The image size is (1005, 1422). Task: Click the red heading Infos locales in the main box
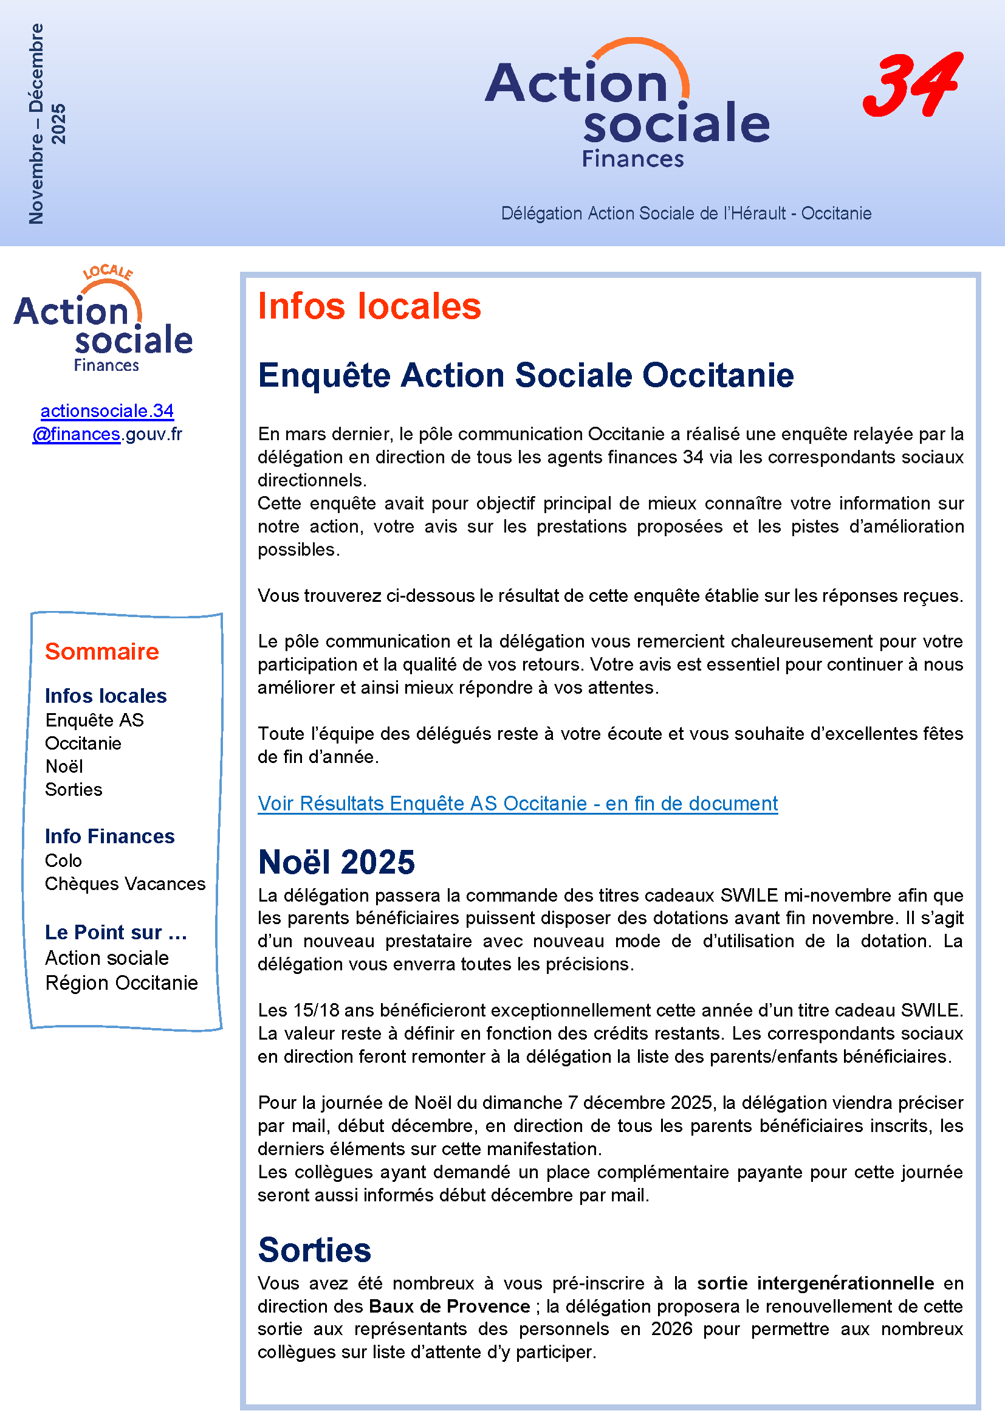point(369,306)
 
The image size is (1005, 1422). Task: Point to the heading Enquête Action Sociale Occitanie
point(526,375)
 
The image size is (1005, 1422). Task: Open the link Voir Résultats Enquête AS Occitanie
point(517,803)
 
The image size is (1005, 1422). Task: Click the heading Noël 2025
point(336,862)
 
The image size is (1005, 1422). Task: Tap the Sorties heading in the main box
point(314,1250)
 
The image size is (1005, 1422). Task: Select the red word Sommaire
point(102,652)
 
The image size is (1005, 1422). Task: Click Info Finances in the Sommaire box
point(109,836)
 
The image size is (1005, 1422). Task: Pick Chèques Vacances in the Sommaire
point(125,884)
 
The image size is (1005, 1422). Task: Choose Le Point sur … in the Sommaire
point(115,932)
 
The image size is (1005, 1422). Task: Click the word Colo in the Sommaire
point(63,860)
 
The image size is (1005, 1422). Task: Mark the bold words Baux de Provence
point(449,1306)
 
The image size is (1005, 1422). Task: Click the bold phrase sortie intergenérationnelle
point(815,1283)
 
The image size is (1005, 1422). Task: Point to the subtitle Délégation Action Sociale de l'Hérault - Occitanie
point(685,213)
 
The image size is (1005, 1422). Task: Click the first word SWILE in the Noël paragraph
point(749,895)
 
